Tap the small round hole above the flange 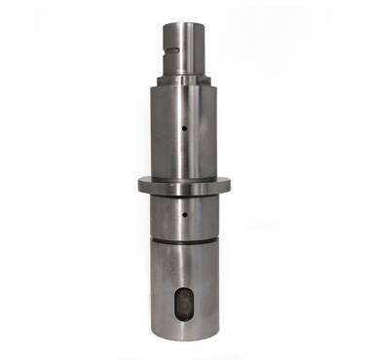(x=185, y=126)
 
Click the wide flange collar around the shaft (x=184, y=183)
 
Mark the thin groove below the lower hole (x=184, y=237)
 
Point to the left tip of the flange (x=138, y=183)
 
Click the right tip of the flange (x=230, y=183)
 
